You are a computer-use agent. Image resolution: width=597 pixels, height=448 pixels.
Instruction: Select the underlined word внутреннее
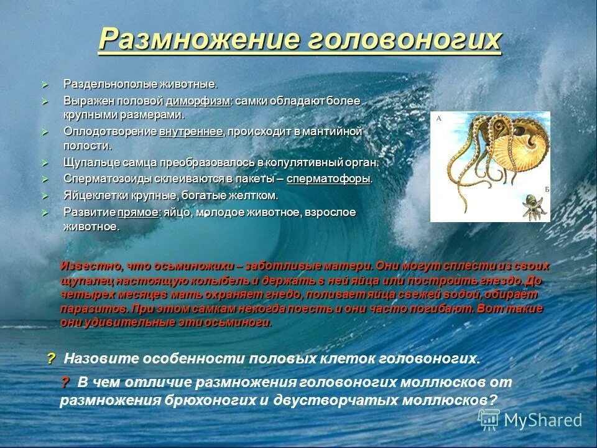point(191,132)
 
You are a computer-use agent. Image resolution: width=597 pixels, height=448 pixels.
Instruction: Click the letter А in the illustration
point(439,118)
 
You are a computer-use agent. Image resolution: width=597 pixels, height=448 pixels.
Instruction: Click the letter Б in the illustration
point(546,189)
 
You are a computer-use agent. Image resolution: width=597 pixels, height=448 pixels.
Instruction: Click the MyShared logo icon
point(489,420)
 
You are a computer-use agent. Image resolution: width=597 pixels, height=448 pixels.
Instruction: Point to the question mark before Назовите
point(51,358)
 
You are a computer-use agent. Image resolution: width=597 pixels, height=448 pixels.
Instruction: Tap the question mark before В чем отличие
point(65,382)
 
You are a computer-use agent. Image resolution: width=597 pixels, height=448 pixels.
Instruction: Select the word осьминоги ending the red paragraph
point(244,322)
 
